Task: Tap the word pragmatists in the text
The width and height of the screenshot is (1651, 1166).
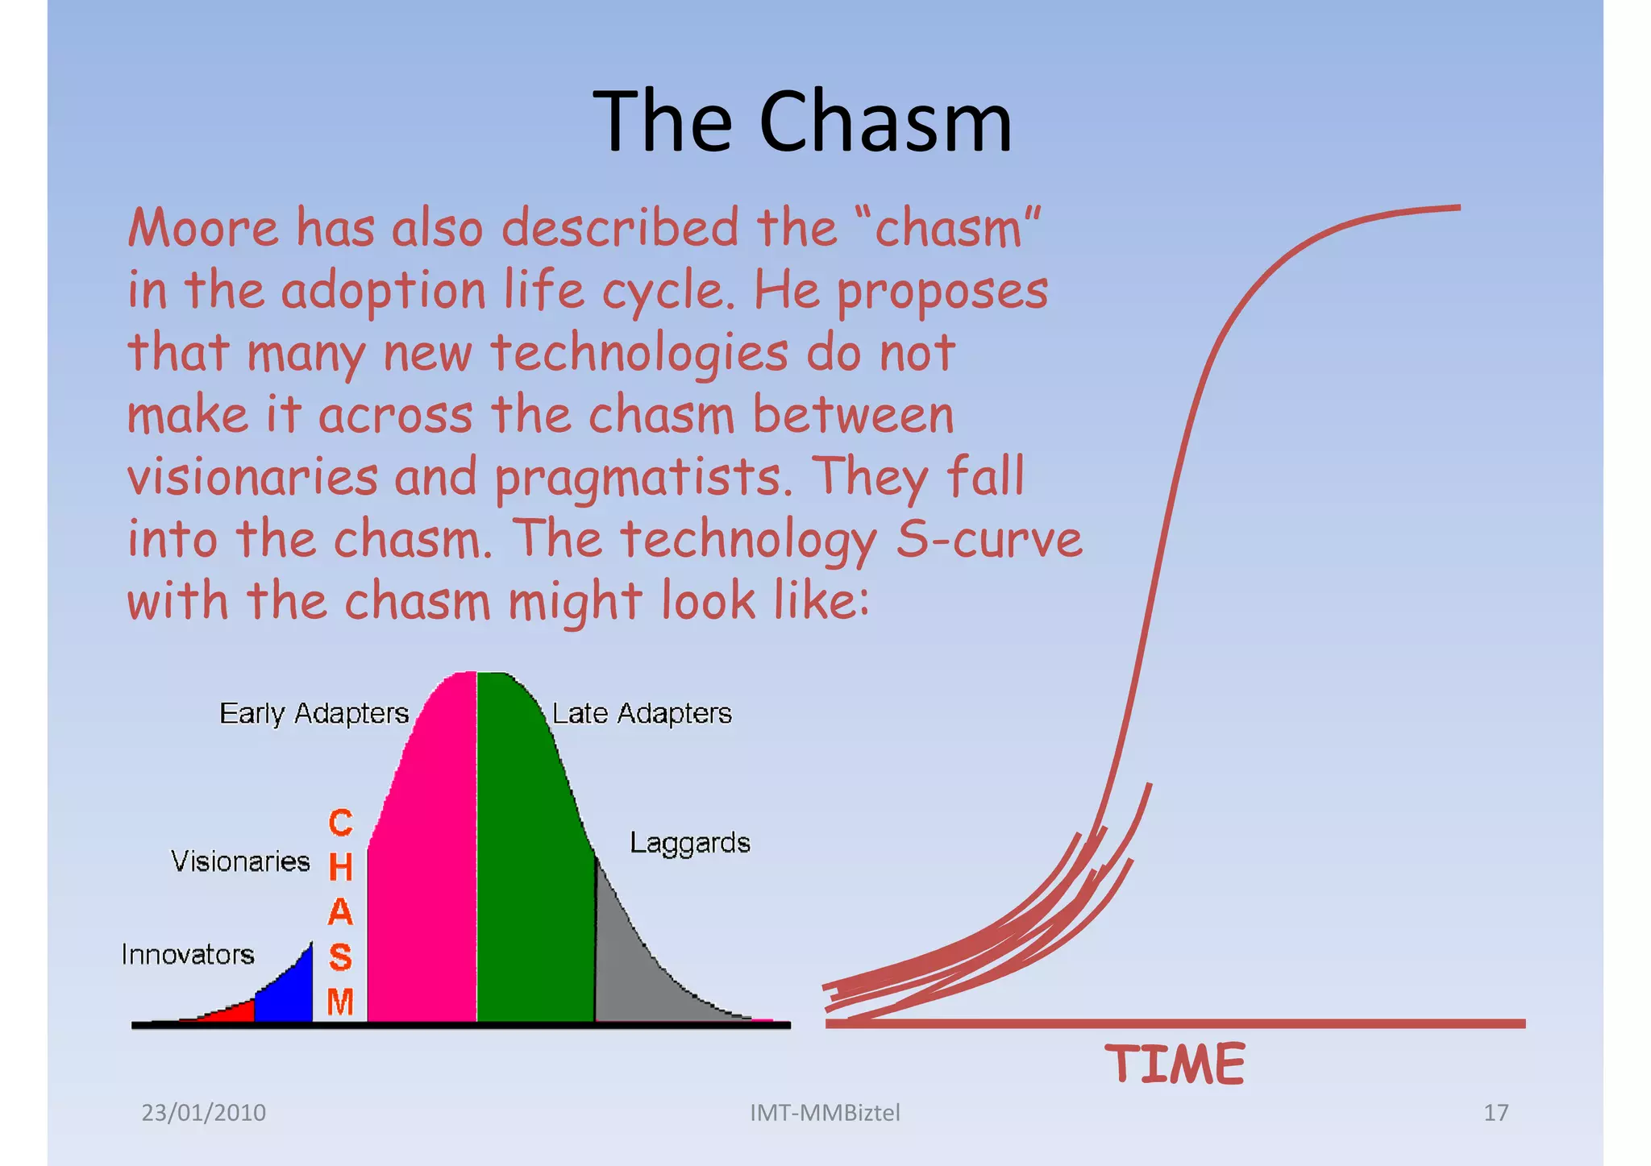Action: point(637,478)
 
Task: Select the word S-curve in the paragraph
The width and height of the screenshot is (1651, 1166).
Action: point(989,539)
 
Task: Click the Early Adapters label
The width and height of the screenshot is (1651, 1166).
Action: point(314,714)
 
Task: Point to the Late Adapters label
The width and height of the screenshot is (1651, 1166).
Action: point(642,714)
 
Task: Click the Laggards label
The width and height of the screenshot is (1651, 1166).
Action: point(689,843)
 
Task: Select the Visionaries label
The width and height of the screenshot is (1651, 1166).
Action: point(240,861)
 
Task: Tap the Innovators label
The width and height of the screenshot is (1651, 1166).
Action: point(188,955)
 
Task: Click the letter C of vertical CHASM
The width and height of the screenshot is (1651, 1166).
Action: point(340,824)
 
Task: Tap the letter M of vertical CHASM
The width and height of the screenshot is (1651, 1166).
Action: point(340,1002)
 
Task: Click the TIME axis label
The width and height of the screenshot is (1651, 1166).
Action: point(1175,1064)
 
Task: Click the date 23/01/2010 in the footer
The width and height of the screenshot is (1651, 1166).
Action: point(203,1113)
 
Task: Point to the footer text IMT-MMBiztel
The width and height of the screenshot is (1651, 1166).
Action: point(825,1113)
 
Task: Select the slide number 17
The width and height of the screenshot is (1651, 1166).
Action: point(1495,1113)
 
